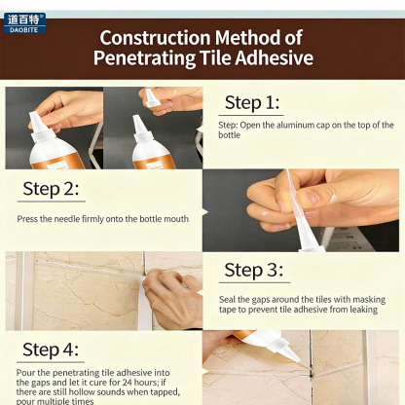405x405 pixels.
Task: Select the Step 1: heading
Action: click(252, 102)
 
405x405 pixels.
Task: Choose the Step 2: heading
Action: click(50, 189)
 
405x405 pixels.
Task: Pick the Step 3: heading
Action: click(252, 270)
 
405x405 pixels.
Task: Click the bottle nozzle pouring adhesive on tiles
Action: click(282, 347)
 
